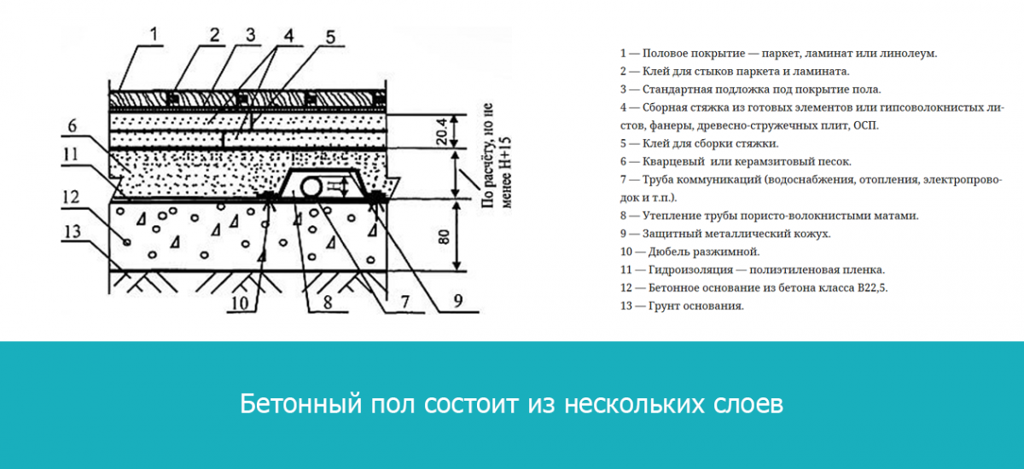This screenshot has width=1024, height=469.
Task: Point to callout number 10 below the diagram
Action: coord(242,301)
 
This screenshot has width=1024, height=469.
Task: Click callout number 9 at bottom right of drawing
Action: coord(457,298)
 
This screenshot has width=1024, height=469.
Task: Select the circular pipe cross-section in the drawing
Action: coord(313,185)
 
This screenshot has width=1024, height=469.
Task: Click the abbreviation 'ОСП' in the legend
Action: coord(863,125)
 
